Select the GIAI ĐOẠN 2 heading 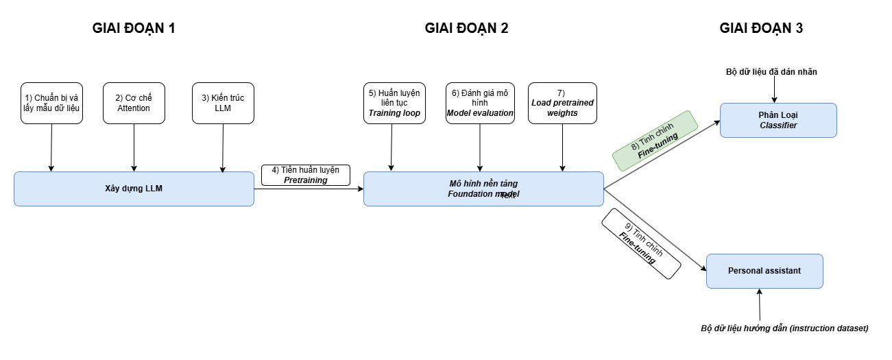[x=466, y=29]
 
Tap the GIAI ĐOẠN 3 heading [x=761, y=29]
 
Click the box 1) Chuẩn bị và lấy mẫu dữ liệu [x=51, y=104]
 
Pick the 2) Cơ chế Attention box [x=134, y=104]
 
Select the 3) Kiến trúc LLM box [x=223, y=104]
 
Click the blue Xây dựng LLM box [x=134, y=189]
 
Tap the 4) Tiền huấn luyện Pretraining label [x=306, y=175]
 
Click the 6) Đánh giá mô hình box [x=480, y=104]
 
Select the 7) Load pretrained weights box [x=562, y=104]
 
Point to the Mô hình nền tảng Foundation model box [x=483, y=189]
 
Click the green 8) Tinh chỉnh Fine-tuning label [x=654, y=141]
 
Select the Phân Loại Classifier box [x=778, y=120]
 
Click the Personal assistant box [x=764, y=271]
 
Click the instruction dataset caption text [x=784, y=328]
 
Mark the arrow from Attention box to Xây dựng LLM [x=134, y=147]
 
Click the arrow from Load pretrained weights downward [x=562, y=147]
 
